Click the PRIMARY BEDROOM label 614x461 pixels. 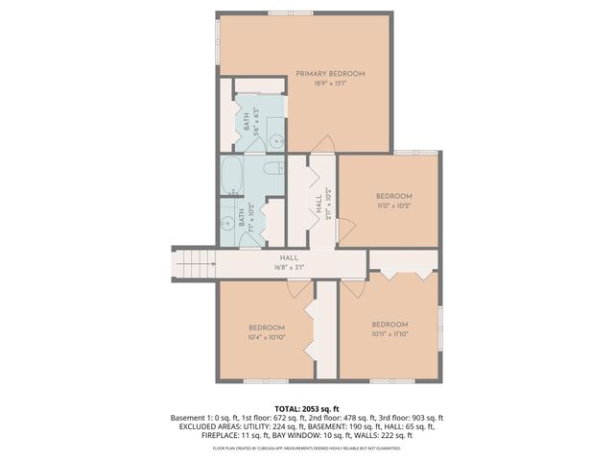[x=330, y=73]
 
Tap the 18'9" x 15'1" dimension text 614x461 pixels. [x=330, y=84]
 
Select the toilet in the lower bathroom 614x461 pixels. [x=272, y=169]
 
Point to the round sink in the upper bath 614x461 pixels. [x=274, y=140]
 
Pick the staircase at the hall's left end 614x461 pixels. [x=191, y=260]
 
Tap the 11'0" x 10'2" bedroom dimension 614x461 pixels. [x=393, y=204]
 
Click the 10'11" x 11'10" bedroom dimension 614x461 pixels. [x=390, y=333]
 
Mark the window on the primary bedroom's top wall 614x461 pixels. [x=292, y=13]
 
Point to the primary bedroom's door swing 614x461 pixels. [x=324, y=144]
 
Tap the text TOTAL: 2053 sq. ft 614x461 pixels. [x=307, y=407]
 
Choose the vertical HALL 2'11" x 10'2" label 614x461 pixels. [x=318, y=206]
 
